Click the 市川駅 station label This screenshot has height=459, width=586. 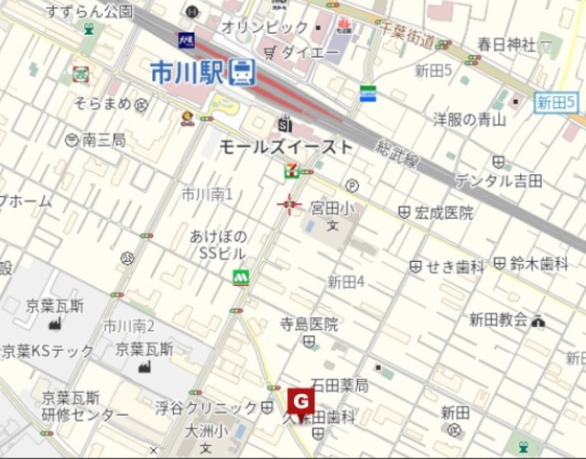tap(189, 71)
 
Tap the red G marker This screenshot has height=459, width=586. tap(300, 400)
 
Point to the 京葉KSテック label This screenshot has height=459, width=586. tap(48, 350)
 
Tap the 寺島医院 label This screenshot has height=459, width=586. tap(309, 324)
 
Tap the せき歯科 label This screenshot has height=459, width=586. tap(455, 267)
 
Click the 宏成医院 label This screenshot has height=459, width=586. tap(443, 213)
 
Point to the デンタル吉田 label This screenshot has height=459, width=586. tap(498, 180)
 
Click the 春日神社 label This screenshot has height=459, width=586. tap(506, 44)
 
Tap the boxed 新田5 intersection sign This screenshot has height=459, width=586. tap(556, 103)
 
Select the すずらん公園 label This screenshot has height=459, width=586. tap(89, 12)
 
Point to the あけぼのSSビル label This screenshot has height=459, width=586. tap(218, 244)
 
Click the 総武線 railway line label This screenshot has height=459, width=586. tap(397, 152)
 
